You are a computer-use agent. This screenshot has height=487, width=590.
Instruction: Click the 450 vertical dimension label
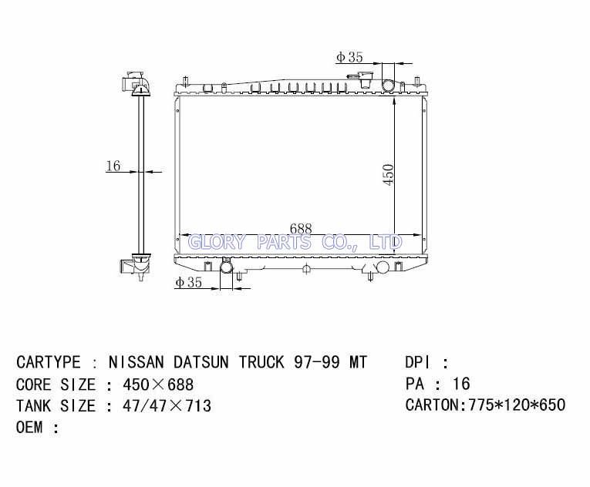[388, 174]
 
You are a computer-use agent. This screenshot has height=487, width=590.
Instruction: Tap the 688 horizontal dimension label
[301, 229]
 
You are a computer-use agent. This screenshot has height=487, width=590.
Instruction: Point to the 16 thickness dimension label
[113, 166]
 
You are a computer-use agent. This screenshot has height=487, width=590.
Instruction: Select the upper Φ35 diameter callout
[349, 57]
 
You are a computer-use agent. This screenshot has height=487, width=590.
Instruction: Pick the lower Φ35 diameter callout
[188, 282]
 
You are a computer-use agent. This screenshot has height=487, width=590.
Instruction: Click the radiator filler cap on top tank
[366, 79]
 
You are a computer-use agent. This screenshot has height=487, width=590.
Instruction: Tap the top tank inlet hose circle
[388, 85]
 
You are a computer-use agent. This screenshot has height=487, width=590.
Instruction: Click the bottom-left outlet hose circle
[226, 267]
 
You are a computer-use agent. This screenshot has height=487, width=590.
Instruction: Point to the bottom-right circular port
[383, 267]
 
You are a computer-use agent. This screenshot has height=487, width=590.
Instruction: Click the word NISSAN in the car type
[137, 362]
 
